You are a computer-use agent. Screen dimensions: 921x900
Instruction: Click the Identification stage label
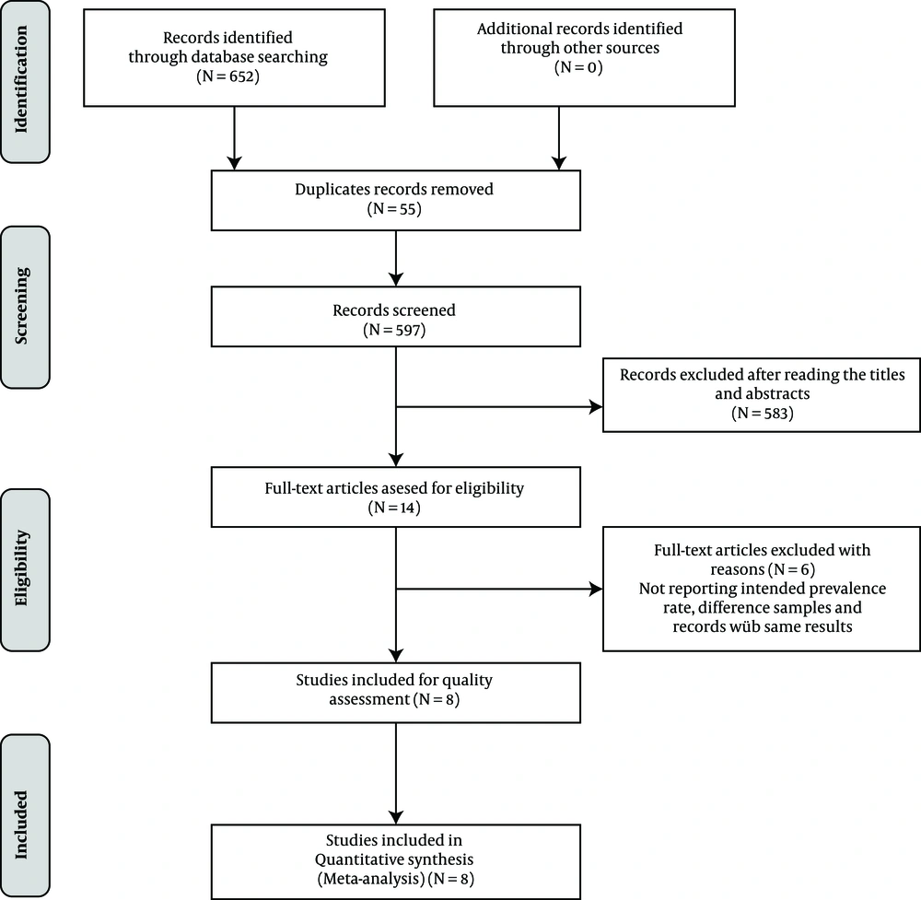(x=21, y=79)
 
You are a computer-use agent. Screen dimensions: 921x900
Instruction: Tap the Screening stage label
(x=21, y=306)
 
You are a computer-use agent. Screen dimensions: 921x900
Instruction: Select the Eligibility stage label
(x=21, y=568)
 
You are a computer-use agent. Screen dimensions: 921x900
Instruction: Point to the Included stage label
(x=21, y=824)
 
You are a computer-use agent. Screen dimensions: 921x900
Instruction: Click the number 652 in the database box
(x=244, y=76)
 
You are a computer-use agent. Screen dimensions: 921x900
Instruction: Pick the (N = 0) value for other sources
(x=578, y=67)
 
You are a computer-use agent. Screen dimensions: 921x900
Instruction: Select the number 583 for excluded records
(x=776, y=414)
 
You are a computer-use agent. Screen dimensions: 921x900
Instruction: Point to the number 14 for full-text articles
(x=408, y=508)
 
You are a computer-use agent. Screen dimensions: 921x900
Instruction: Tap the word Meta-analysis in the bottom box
(x=371, y=879)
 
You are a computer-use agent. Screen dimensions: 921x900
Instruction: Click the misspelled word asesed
(x=402, y=489)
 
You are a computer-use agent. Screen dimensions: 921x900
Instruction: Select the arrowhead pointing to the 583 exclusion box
(x=596, y=406)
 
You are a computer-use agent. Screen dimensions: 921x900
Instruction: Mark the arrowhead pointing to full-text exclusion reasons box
(x=596, y=589)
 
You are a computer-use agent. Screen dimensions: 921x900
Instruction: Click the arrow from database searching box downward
(x=234, y=139)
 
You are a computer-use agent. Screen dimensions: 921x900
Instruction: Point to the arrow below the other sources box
(x=559, y=139)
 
